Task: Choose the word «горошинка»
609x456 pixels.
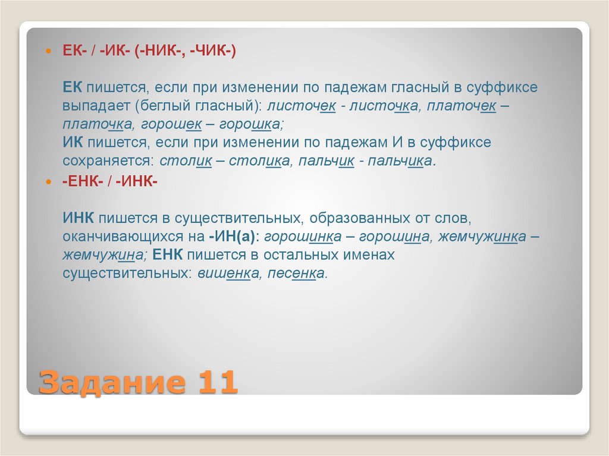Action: pos(303,236)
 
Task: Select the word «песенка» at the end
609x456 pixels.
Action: pos(297,273)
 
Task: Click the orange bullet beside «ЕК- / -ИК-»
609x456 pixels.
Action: pos(50,52)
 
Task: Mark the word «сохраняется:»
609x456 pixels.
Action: pos(108,161)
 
